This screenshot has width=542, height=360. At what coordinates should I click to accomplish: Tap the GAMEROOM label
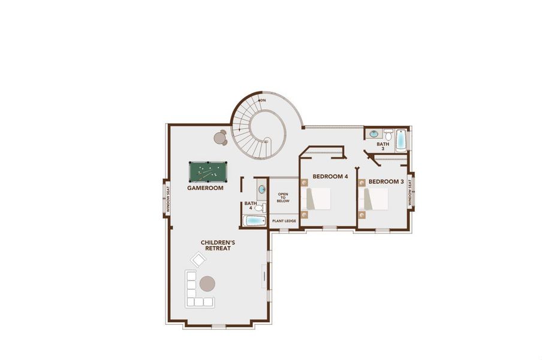(205, 188)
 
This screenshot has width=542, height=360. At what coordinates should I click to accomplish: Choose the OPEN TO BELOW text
(283, 197)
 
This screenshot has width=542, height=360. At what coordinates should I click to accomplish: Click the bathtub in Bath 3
(401, 140)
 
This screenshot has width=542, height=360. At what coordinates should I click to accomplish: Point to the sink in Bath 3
(373, 133)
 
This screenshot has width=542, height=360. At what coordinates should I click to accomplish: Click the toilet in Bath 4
(260, 208)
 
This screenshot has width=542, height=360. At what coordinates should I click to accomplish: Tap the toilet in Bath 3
(388, 133)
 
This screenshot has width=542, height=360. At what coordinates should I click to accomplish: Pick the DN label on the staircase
(262, 100)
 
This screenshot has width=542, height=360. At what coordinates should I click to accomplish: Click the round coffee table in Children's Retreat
(208, 283)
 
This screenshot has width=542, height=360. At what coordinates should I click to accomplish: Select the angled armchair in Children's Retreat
(198, 259)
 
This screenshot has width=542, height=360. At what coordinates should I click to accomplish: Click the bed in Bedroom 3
(374, 198)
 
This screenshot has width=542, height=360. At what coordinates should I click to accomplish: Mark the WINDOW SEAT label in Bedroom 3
(410, 193)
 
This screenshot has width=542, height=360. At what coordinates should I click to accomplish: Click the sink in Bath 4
(261, 190)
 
